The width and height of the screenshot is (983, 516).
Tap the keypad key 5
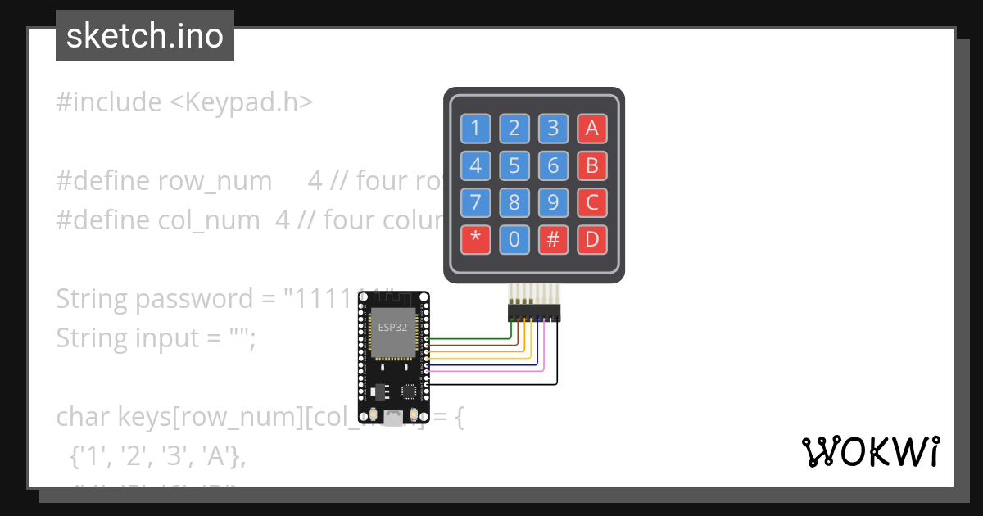pos(514,166)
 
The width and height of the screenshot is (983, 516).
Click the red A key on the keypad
pos(592,128)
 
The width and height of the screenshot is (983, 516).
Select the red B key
pos(592,166)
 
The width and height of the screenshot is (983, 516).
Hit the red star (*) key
pos(475,239)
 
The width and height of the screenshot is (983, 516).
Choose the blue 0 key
pos(514,239)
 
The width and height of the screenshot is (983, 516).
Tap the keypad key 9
pos(553,201)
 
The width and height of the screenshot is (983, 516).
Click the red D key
pos(592,239)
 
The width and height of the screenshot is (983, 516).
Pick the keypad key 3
pos(553,128)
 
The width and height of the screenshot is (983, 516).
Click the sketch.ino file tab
pos(145,36)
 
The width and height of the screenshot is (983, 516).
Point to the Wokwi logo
pos(870,451)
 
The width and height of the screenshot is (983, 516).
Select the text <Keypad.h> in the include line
pos(241,102)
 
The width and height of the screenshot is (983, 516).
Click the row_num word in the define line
pos(215,181)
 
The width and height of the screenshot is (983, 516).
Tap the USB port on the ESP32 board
pos(394,419)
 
